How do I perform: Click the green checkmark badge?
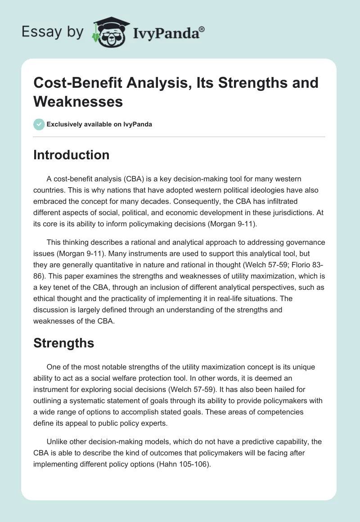click(x=39, y=124)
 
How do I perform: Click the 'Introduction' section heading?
click(x=72, y=155)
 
